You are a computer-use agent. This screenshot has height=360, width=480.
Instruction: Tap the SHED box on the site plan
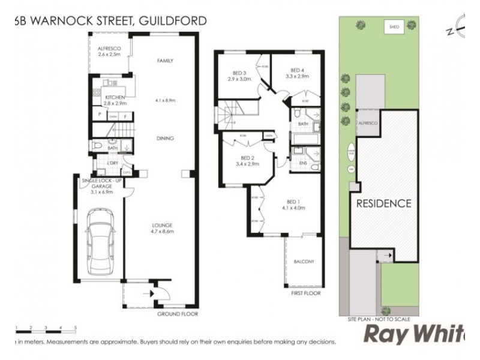pyautogui.click(x=394, y=27)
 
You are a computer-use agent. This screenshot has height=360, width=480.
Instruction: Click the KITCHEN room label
pyautogui.click(x=114, y=97)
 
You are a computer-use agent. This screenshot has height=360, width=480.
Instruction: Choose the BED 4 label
pyautogui.click(x=298, y=70)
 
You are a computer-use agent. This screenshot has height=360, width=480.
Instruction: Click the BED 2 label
pyautogui.click(x=247, y=158)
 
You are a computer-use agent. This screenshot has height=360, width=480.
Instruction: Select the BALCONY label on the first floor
pyautogui.click(x=303, y=262)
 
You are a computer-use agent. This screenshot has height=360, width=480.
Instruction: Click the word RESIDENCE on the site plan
pyautogui.click(x=384, y=203)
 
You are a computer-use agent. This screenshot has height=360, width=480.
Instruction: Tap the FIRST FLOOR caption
pyautogui.click(x=306, y=293)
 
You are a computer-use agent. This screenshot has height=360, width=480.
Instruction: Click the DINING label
pyautogui.click(x=164, y=139)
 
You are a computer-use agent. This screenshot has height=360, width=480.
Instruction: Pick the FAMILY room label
pyautogui.click(x=165, y=61)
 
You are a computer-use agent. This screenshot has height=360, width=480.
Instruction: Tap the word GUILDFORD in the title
pyautogui.click(x=173, y=21)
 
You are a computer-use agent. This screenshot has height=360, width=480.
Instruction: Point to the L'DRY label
pyautogui.click(x=112, y=164)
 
